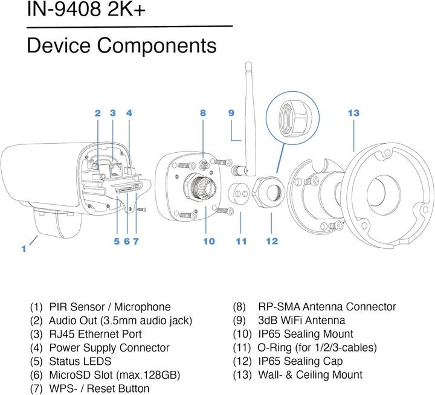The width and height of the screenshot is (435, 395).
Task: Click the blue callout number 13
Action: tap(353, 113)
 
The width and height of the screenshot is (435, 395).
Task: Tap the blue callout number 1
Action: tap(24, 248)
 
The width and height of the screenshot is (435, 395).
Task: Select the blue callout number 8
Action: tap(203, 113)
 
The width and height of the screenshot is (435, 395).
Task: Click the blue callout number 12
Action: tap(272, 241)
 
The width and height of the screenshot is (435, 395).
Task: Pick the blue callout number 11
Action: tap(242, 241)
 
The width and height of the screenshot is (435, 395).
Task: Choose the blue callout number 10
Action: tap(209, 241)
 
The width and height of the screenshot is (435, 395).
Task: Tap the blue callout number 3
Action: tap(113, 113)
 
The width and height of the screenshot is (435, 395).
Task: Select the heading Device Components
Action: tap(121, 45)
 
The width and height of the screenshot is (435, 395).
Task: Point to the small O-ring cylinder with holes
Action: tap(241, 194)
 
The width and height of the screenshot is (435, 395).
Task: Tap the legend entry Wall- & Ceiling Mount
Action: tap(297, 375)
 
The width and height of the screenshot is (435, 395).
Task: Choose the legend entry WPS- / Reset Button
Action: tap(90, 388)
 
